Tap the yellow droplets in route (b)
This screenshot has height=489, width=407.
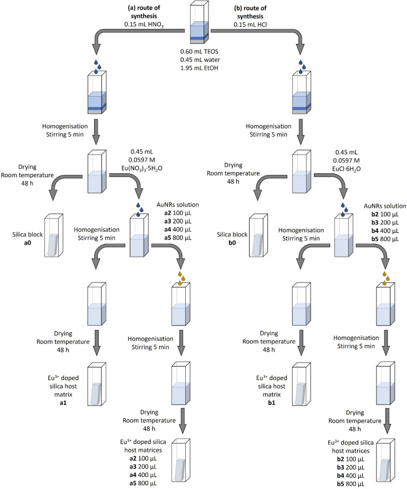tap(383, 277)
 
